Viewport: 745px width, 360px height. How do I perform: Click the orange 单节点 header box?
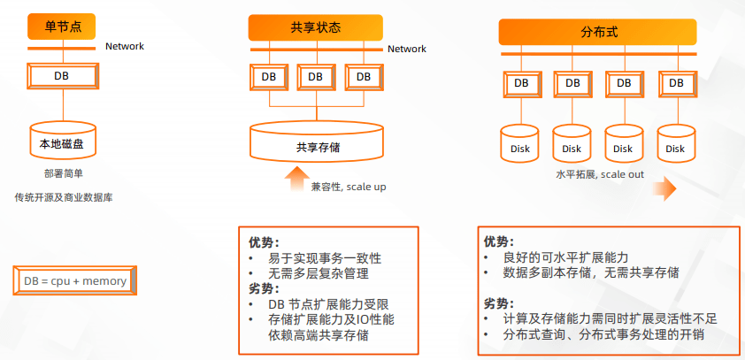pyautogui.click(x=62, y=27)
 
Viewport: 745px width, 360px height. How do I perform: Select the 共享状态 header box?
pyautogui.click(x=316, y=27)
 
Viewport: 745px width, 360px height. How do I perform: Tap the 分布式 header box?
pyautogui.click(x=598, y=32)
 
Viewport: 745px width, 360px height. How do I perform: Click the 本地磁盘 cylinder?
pyautogui.click(x=62, y=140)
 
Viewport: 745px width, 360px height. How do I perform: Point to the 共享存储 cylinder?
pyautogui.click(x=317, y=141)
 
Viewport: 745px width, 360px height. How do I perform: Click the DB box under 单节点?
pyautogui.click(x=63, y=76)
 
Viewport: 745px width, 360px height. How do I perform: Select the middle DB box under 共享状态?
pyautogui.click(x=316, y=77)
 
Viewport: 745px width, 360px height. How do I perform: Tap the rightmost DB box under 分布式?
pyautogui.click(x=676, y=84)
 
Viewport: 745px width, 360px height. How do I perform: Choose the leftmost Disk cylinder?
pyautogui.click(x=519, y=143)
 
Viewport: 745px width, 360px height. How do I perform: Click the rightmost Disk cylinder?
pyautogui.click(x=676, y=143)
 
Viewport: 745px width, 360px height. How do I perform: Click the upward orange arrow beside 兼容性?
pyautogui.click(x=296, y=179)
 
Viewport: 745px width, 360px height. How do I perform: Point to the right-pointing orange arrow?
pyautogui.click(x=664, y=189)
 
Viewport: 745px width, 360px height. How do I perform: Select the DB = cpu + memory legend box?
pyautogui.click(x=75, y=280)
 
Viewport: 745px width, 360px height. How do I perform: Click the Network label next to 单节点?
pyautogui.click(x=125, y=47)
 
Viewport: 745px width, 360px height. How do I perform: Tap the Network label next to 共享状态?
pyautogui.click(x=407, y=49)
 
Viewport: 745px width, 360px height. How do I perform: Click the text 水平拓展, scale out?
pyautogui.click(x=600, y=174)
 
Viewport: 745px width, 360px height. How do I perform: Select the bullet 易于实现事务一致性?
pyautogui.click(x=325, y=258)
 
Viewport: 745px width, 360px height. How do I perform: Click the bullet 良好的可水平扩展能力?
pyautogui.click(x=566, y=257)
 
